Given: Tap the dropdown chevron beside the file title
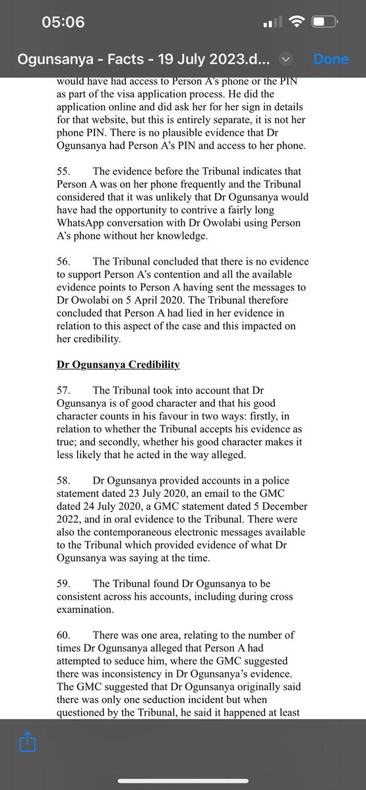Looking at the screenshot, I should tap(285, 59).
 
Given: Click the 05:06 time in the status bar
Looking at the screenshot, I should tap(63, 22).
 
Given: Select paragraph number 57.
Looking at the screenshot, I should tap(63, 388).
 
